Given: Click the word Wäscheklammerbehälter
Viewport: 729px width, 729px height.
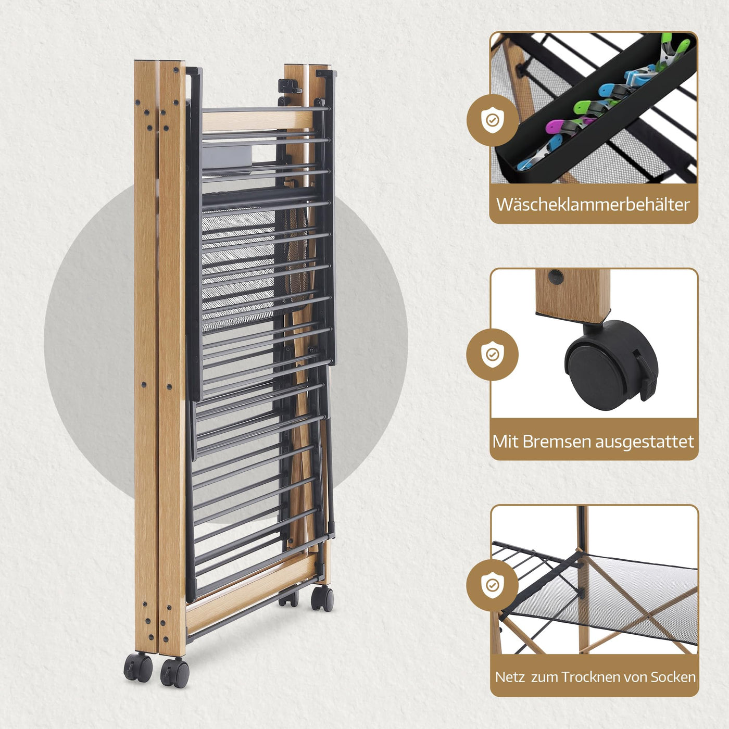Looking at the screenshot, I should point(593,204).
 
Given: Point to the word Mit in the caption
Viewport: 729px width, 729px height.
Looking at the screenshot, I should point(505,442).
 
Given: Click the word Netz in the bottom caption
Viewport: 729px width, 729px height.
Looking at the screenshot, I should point(510,677).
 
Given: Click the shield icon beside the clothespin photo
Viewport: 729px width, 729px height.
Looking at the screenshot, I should point(492,120).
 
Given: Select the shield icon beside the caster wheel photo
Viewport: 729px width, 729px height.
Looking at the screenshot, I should point(492,355).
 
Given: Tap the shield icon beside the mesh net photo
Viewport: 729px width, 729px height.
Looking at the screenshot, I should point(492,585).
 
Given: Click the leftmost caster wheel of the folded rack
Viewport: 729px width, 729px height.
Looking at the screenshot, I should point(137,668).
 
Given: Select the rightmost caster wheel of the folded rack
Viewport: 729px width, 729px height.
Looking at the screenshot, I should point(322,598).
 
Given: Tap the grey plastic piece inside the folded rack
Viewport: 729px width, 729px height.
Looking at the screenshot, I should point(227,156).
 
